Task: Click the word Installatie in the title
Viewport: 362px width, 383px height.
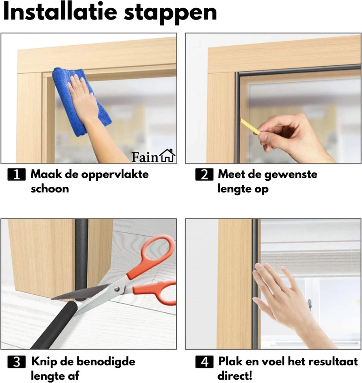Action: pos(60,12)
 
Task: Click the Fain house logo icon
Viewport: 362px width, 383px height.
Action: pos(167,155)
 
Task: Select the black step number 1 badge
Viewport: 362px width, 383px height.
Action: pos(16,174)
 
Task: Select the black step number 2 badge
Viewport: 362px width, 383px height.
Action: pos(204,174)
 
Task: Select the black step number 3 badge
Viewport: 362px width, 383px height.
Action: pos(16,362)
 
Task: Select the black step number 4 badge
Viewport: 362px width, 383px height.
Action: pos(204,362)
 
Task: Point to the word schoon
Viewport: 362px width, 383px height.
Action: pos(50,189)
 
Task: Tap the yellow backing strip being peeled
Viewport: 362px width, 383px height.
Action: pos(250,126)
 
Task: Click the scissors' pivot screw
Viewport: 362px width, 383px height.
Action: pos(116,289)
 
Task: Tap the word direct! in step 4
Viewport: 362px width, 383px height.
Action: pos(235,376)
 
